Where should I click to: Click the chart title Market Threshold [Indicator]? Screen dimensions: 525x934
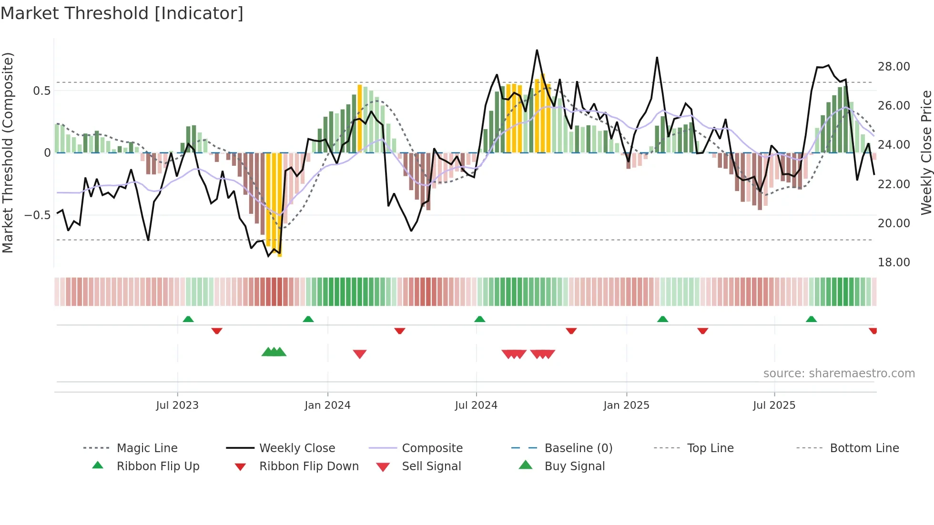[x=122, y=13]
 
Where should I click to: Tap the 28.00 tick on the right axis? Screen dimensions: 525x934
[x=893, y=67]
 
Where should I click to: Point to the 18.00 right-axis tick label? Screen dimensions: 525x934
[x=893, y=262]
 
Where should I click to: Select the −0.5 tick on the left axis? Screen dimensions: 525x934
[x=38, y=215]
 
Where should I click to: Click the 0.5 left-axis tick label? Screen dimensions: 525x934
[x=41, y=91]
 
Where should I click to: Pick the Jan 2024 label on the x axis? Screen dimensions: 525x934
[x=327, y=405]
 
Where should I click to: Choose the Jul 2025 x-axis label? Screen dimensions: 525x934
[x=774, y=405]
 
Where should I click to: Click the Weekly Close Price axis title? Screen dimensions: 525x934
[x=926, y=152]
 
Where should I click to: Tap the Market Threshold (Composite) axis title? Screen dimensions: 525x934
[x=8, y=152]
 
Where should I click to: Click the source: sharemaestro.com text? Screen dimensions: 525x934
[x=839, y=374]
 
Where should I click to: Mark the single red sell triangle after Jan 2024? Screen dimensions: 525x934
[x=360, y=354]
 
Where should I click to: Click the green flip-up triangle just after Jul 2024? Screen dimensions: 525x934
[x=480, y=319]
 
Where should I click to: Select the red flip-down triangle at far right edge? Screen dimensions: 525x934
[x=873, y=331]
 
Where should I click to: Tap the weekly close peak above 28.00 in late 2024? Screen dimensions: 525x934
[x=537, y=50]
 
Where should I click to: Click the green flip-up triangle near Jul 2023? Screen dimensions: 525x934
[x=188, y=319]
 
